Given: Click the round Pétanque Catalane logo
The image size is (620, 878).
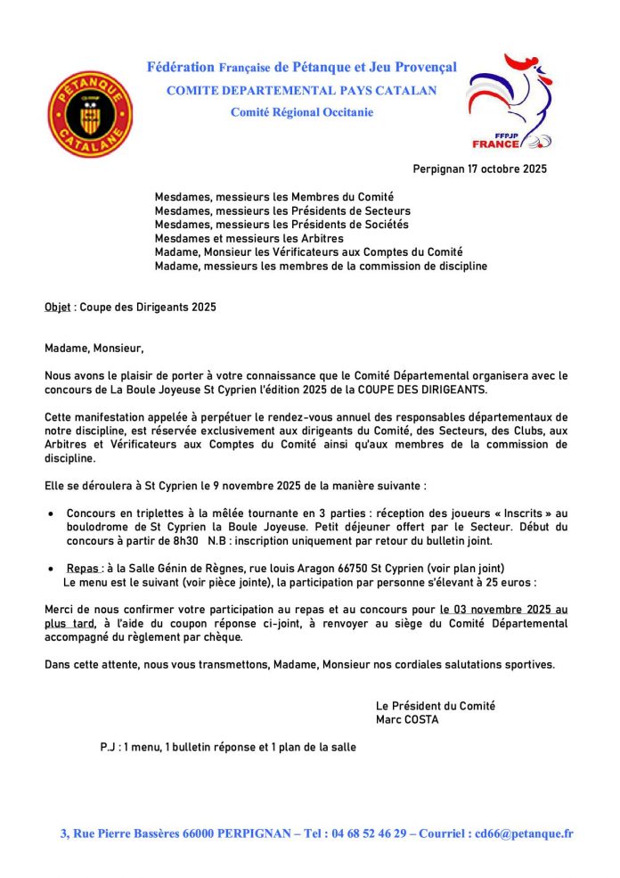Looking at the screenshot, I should point(89,114).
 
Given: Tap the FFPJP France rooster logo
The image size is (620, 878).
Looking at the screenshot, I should point(511,101).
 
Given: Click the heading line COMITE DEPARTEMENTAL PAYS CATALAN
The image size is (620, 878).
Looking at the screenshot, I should point(301,90).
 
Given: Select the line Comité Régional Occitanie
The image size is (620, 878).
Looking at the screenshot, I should point(301,112).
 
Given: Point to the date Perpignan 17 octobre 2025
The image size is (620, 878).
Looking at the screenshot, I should point(479,169).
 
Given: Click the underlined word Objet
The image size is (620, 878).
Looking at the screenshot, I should point(58,307).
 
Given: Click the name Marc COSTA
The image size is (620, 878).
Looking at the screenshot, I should point(407,719).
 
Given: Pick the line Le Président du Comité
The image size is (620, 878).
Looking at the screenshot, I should point(436,706).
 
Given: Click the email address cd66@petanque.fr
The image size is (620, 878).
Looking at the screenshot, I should point(518,834).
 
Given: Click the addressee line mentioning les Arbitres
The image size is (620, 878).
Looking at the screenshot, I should point(249,239).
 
